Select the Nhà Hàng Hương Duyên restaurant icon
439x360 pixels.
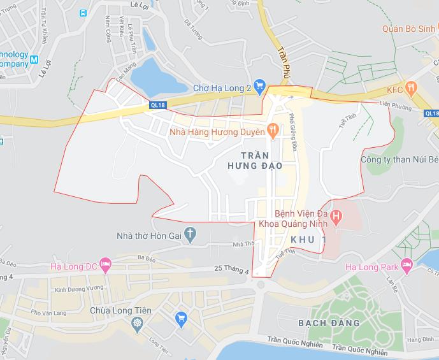(x=273, y=131)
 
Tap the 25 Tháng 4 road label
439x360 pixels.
(x=231, y=270)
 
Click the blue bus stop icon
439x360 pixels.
(x=83, y=13)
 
